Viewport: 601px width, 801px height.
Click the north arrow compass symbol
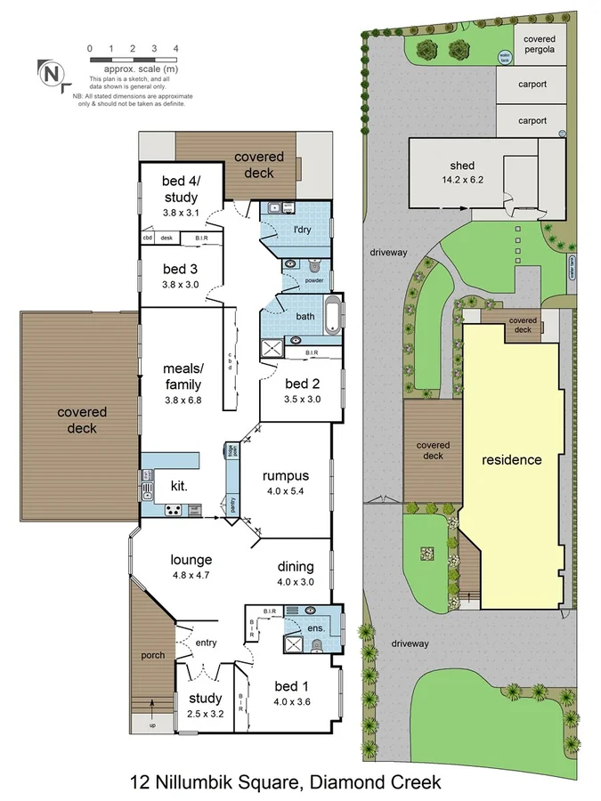(x=53, y=73)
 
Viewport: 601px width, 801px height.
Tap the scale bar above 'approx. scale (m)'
(x=133, y=58)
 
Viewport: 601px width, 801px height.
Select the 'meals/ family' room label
(x=182, y=376)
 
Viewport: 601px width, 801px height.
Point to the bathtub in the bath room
(x=332, y=318)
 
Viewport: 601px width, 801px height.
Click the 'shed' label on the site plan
(x=462, y=166)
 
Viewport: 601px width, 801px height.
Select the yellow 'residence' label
(x=511, y=460)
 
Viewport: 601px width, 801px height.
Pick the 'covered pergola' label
(x=540, y=44)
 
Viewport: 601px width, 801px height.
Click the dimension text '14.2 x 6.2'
(x=462, y=180)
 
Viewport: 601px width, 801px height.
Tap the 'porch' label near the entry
(x=153, y=656)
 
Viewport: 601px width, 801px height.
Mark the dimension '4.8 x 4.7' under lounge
(x=191, y=575)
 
